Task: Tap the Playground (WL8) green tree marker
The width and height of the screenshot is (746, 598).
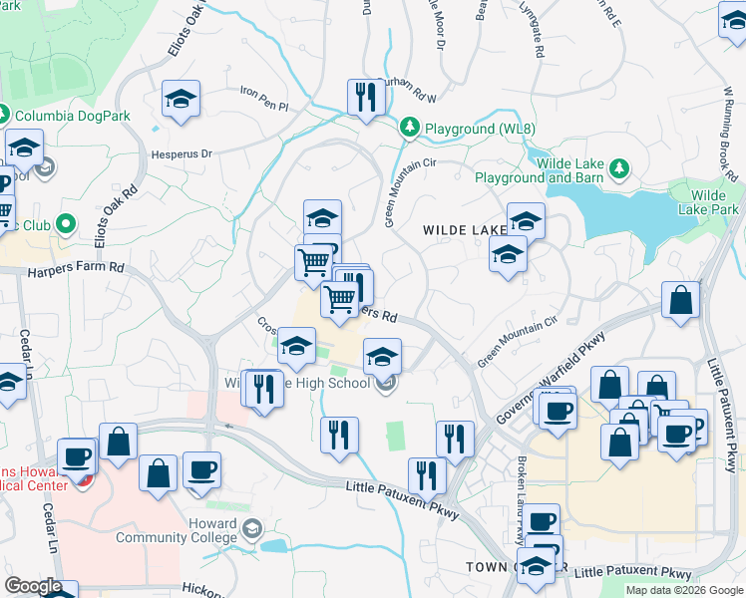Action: pyautogui.click(x=409, y=128)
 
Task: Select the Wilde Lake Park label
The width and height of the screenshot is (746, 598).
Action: pyautogui.click(x=715, y=202)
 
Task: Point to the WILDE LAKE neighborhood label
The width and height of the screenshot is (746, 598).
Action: pyautogui.click(x=464, y=230)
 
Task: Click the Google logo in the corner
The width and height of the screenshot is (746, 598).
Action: pyautogui.click(x=33, y=586)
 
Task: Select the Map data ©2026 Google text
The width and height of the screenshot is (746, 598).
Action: pyautogui.click(x=684, y=590)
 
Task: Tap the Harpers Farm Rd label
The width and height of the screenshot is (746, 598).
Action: pyautogui.click(x=76, y=269)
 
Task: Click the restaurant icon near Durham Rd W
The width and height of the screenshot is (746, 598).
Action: pyautogui.click(x=362, y=97)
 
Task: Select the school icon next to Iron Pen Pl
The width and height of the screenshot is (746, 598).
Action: pyautogui.click(x=182, y=99)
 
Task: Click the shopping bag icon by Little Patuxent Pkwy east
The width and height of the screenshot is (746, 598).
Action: pyautogui.click(x=679, y=299)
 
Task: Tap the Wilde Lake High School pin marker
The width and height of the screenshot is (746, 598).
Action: pyautogui.click(x=388, y=383)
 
